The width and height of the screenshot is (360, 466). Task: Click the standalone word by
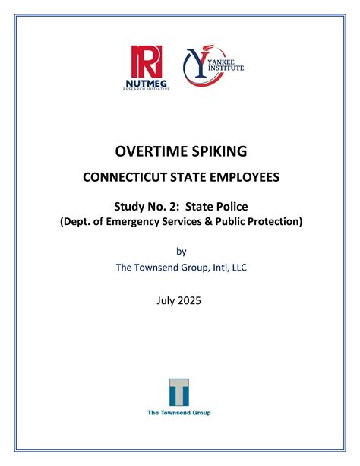pos(180,251)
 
